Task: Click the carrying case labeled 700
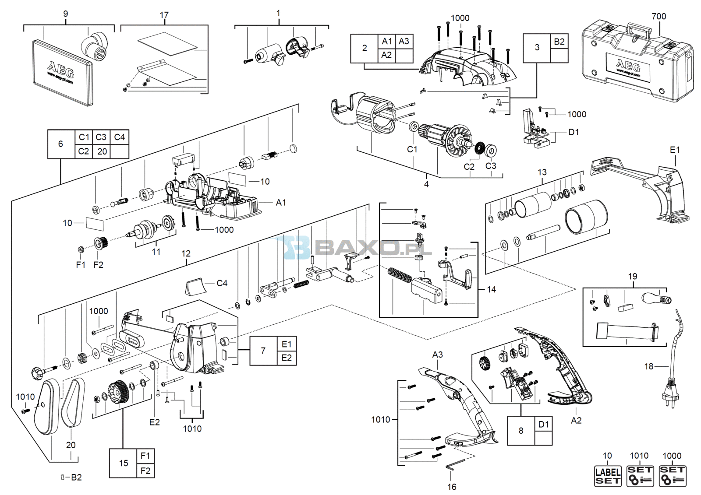coord(637,61)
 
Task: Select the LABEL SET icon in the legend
coord(607,476)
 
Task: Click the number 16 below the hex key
coord(452,487)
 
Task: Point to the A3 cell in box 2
coord(404,41)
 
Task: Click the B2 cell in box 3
coord(559,41)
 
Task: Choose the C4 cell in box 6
coord(120,137)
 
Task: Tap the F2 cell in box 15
coord(145,470)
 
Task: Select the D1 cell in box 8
coord(544,424)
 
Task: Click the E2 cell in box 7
coord(287,358)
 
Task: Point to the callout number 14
coord(491,290)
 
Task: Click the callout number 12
coord(186,253)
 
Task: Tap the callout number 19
coord(633,277)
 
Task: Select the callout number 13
coord(542,172)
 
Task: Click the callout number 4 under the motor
coord(426,184)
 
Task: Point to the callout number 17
coord(164,15)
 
